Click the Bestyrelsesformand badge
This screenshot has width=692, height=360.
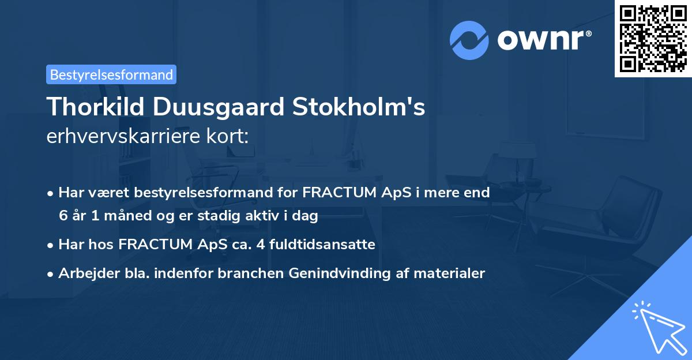pyautogui.click(x=111, y=74)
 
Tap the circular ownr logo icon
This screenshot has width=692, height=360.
pyautogui.click(x=469, y=40)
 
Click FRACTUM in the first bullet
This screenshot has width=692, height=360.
pyautogui.click(x=337, y=193)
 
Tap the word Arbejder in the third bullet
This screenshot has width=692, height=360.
pyautogui.click(x=85, y=273)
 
